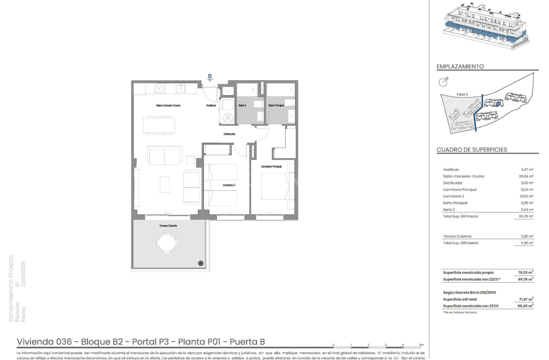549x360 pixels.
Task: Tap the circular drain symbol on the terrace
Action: (x=201, y=263)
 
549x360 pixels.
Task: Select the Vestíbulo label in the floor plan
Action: (x=211, y=106)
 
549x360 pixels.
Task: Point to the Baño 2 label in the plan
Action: (x=242, y=106)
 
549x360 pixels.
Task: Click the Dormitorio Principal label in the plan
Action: (x=271, y=166)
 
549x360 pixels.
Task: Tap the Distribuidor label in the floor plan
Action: (x=230, y=134)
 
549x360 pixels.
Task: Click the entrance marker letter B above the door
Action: (x=210, y=76)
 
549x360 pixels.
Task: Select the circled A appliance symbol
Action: (x=228, y=118)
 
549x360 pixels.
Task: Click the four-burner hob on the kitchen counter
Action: (x=159, y=88)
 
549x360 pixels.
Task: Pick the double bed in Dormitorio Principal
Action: (x=275, y=186)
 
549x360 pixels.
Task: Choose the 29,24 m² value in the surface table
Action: (x=525, y=176)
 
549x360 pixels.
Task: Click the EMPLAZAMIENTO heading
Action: (x=460, y=66)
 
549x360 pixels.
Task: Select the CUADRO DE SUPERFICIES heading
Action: (x=471, y=149)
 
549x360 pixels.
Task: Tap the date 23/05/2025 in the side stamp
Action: (x=24, y=276)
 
